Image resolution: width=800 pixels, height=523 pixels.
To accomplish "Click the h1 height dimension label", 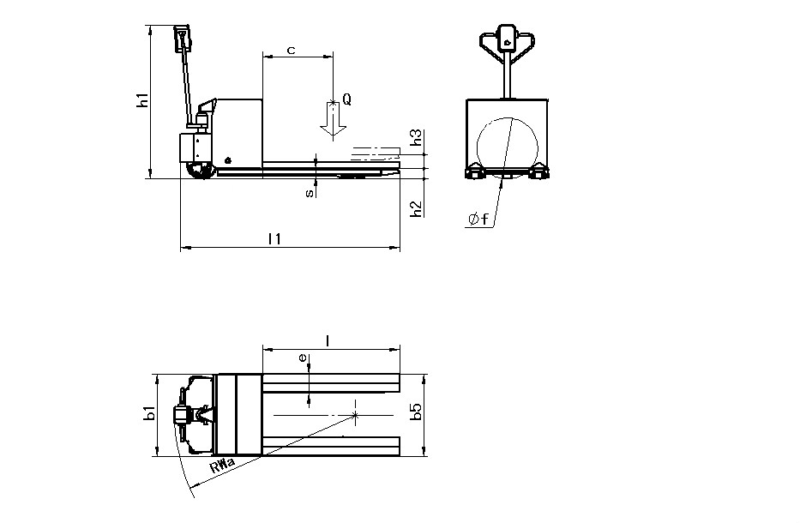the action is coord(144,99).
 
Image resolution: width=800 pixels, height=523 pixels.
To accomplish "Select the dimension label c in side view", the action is coord(292,51).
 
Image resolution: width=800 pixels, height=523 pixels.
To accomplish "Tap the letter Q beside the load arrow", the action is coord(346,99).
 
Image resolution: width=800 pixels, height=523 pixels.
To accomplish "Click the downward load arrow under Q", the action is coord(333,120).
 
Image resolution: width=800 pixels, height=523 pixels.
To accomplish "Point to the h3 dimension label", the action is coord(417,138).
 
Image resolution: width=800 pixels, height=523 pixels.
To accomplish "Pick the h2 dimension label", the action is coord(417,209).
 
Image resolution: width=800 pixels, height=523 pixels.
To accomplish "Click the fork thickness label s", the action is coord(309,194).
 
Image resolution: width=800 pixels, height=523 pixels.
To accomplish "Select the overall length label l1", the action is coord(274,239).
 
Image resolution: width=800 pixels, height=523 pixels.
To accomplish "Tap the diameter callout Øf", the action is coord(478,219).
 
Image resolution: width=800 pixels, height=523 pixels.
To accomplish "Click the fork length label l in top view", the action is coord(328,341).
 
